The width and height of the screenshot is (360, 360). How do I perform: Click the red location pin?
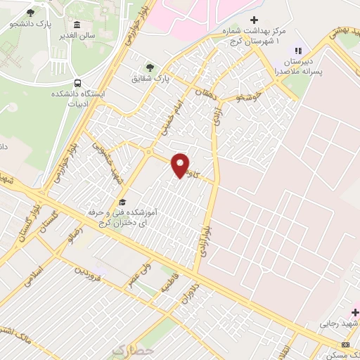[181, 165]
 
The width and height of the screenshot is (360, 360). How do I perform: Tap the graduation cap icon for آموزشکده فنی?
[122, 202]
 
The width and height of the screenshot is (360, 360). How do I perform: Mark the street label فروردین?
[91, 271]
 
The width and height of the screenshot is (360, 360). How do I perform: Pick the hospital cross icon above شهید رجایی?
[355, 311]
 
